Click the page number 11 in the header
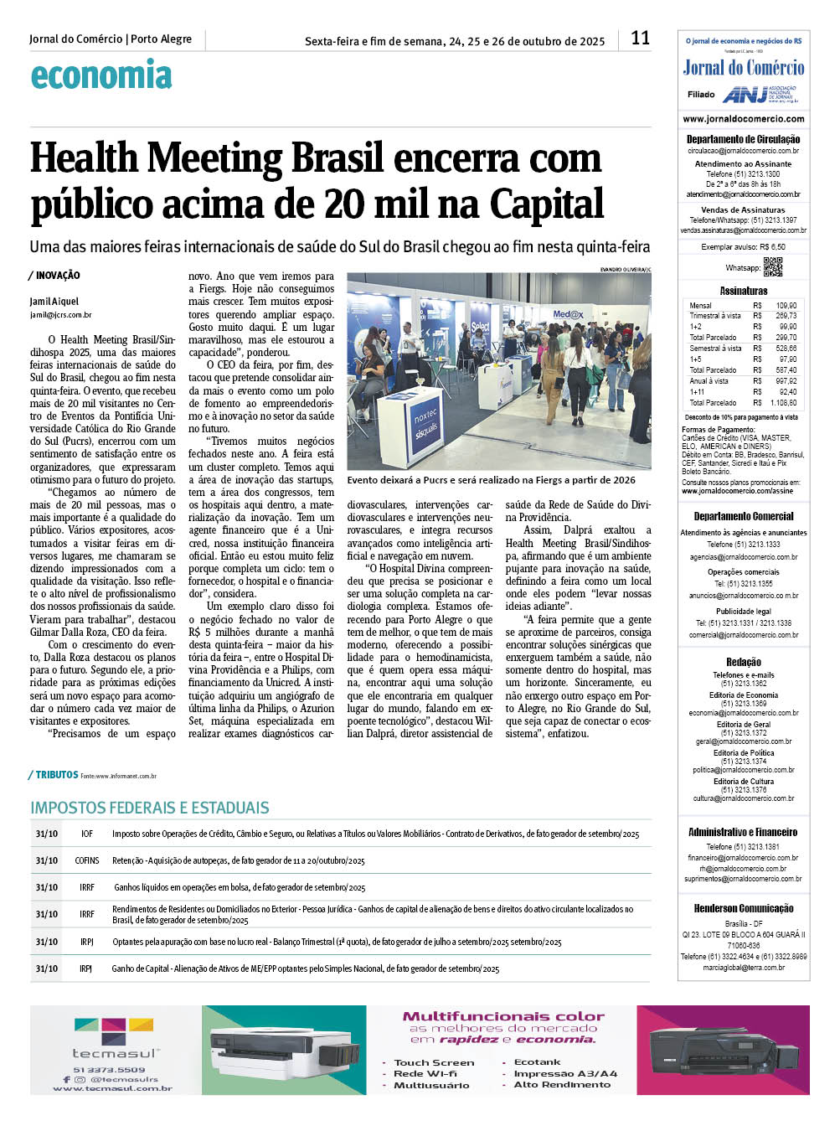coord(640,38)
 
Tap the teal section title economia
coord(101,75)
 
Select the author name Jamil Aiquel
coord(54,302)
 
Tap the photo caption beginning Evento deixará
coord(491,481)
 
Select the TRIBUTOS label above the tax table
coord(56,775)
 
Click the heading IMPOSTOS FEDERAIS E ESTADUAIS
coord(150,808)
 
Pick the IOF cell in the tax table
coord(87,834)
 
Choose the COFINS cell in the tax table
coord(87,861)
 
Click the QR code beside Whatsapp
coord(772,267)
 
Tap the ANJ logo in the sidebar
coord(760,94)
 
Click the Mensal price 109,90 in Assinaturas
coord(786,306)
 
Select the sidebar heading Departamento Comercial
coord(744,517)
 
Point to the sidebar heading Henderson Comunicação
coord(744,908)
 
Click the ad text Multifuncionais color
coord(503,1016)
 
